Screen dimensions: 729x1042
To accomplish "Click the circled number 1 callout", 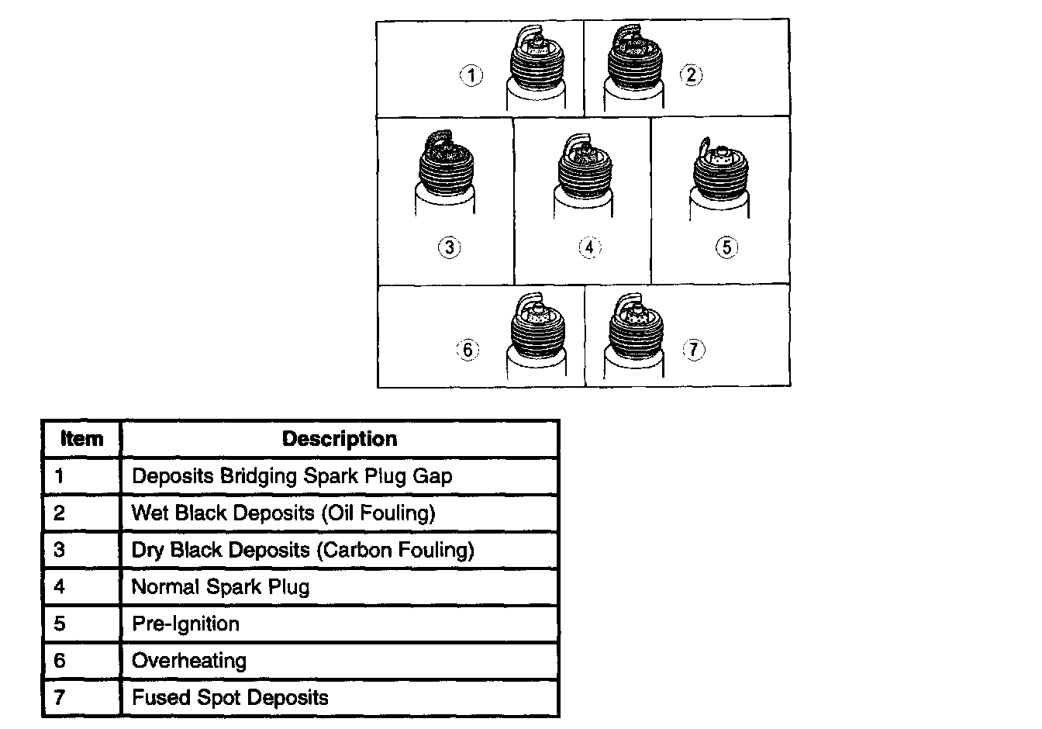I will (471, 75).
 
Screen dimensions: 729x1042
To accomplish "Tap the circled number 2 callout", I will (690, 75).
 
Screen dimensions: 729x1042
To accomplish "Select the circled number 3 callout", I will (449, 247).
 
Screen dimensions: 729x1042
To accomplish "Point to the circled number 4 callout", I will (590, 247).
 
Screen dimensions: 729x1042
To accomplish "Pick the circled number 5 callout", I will (726, 247).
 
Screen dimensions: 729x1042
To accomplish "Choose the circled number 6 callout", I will (468, 350).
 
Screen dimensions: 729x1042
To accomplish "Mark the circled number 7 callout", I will (693, 350).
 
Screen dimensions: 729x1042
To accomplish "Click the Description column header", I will (340, 439).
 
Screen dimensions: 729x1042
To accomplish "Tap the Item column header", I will (81, 439).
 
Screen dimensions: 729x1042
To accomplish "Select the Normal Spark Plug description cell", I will (220, 587).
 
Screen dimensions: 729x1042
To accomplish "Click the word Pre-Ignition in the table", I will (185, 624).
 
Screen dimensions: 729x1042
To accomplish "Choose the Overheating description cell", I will (189, 661).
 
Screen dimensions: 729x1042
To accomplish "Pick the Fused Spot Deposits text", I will (229, 698).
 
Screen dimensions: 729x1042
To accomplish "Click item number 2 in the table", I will (60, 513).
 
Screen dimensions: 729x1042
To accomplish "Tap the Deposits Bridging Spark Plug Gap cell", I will (292, 476).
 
